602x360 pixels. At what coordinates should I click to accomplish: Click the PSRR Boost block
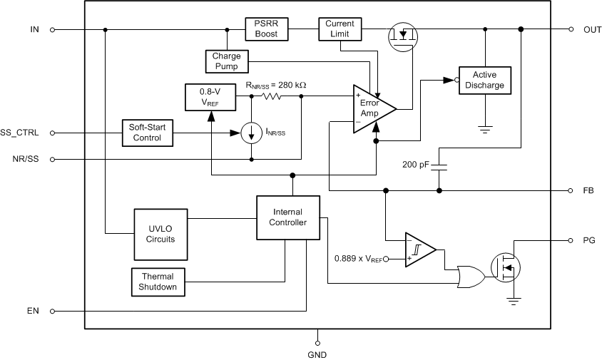[267, 29]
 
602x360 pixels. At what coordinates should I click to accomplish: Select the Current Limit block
[340, 29]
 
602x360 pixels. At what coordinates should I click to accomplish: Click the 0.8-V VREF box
[205, 96]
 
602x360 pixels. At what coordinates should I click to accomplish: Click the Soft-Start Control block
[147, 133]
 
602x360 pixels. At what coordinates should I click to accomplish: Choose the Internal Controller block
[287, 217]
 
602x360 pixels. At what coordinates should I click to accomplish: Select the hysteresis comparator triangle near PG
[420, 250]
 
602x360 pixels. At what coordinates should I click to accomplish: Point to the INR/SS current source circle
[251, 133]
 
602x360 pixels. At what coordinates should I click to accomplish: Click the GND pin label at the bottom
[317, 354]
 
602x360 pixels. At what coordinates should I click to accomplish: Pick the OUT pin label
[592, 29]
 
